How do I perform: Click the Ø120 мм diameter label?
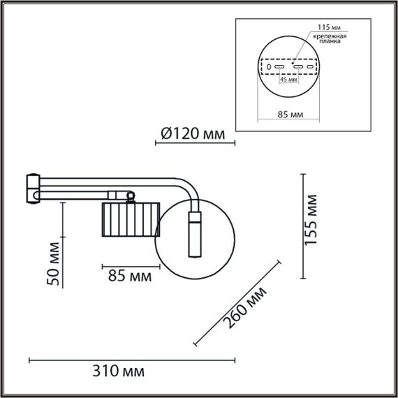189,133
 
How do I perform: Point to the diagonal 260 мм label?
246,307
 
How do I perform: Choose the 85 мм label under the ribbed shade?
131,277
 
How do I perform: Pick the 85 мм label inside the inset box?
288,114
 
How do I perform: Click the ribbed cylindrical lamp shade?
131,219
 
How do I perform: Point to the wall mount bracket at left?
32,189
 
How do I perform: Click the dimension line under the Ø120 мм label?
195,144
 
